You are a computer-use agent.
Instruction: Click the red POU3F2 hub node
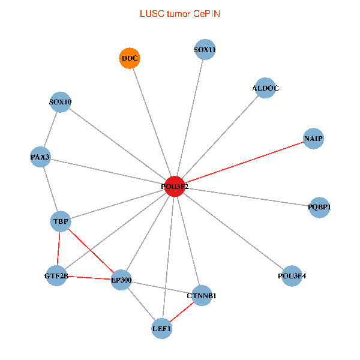click(175, 187)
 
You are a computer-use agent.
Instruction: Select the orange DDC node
click(130, 58)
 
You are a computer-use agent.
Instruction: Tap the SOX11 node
click(205, 50)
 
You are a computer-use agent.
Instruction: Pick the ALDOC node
click(265, 88)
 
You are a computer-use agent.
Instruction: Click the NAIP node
click(313, 139)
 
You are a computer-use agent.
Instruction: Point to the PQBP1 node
click(319, 207)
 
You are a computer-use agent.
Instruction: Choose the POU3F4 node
click(292, 276)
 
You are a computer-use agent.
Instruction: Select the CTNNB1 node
click(202, 295)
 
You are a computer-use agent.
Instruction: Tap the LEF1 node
click(161, 328)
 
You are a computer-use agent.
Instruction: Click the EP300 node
click(121, 280)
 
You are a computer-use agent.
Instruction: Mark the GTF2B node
click(56, 275)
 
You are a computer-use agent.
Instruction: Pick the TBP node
click(61, 221)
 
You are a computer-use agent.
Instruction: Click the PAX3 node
click(40, 157)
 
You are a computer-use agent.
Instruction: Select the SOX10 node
click(60, 102)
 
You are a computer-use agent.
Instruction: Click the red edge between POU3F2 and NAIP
click(244, 163)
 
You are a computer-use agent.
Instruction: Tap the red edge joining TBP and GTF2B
click(59, 248)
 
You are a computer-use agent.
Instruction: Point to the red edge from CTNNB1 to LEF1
click(182, 311)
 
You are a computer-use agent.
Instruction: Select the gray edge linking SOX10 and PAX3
click(50, 130)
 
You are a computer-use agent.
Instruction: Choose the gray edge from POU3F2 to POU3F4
click(233, 231)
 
